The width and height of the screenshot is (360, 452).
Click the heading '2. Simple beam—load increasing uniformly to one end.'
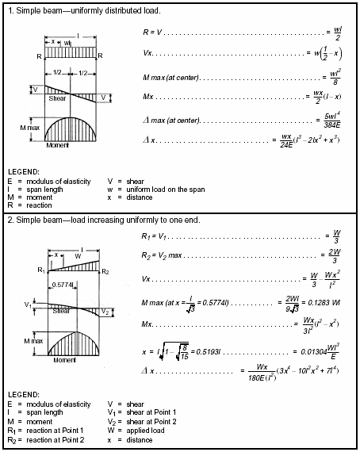[105, 219]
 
